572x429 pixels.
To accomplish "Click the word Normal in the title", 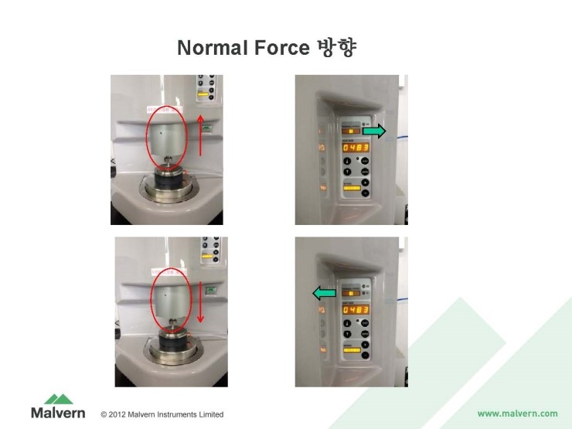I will [211, 48].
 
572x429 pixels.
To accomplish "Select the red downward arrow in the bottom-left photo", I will [200, 302].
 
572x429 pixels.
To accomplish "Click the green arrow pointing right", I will [374, 132].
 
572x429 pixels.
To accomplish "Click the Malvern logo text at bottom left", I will [58, 413].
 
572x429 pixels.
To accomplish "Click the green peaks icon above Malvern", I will [59, 399].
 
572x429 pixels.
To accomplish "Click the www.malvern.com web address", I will [517, 414].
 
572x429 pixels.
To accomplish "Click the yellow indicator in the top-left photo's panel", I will [204, 94].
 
